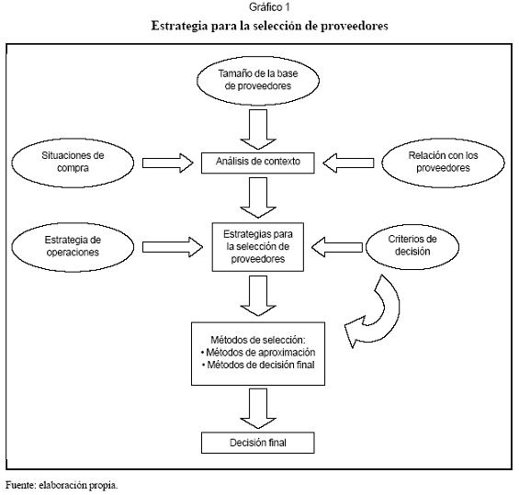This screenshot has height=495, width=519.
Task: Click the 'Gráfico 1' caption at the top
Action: (269, 7)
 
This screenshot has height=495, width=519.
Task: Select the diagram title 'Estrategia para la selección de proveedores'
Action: (269, 26)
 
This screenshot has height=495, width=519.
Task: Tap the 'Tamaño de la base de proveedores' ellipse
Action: (258, 81)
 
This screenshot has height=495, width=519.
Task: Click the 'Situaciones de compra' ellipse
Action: (73, 163)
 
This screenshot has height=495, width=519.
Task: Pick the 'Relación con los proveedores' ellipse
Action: (443, 163)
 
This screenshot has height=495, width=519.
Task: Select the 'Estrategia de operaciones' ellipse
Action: (73, 247)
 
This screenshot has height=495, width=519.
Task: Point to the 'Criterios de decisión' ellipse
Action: (412, 246)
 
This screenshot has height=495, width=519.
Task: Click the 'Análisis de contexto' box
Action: (258, 163)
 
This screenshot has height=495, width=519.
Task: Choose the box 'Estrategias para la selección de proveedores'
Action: (258, 247)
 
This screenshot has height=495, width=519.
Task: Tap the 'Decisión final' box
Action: (258, 443)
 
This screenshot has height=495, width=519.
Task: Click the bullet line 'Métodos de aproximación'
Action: (258, 353)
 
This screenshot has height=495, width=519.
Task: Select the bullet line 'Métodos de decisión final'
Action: (258, 365)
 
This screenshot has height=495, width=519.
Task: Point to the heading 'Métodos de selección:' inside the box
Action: (258, 340)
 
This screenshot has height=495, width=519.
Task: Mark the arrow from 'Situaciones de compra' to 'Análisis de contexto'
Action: (168, 163)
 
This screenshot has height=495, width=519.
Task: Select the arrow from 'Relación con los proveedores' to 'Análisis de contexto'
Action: (348, 163)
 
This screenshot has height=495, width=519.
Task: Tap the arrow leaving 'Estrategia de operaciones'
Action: (173, 247)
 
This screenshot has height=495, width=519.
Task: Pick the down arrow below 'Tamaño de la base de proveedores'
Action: (258, 129)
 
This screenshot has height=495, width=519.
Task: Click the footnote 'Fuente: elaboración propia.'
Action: (62, 486)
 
